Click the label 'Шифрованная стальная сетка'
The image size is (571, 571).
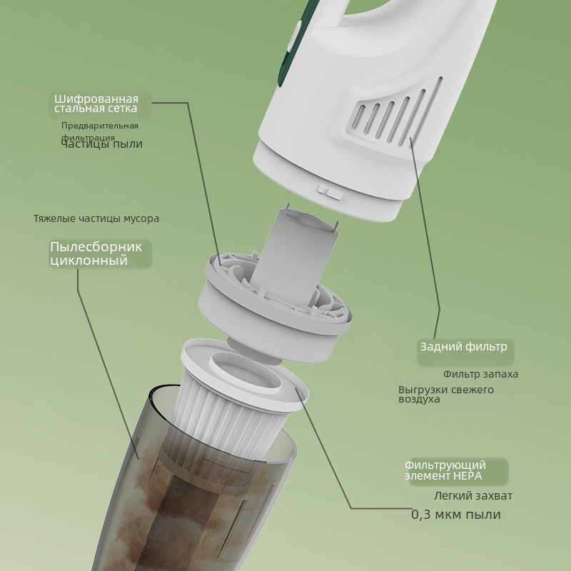pyautogui.click(x=96, y=103)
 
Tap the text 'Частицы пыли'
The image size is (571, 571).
pyautogui.click(x=101, y=144)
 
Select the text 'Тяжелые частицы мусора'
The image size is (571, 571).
pyautogui.click(x=96, y=218)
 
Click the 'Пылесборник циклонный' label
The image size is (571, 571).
pyautogui.click(x=96, y=253)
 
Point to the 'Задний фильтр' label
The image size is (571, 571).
pyautogui.click(x=463, y=347)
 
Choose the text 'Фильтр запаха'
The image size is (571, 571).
pyautogui.click(x=480, y=374)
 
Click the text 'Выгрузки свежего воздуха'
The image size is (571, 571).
pyautogui.click(x=446, y=394)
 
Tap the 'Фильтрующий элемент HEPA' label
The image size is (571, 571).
pyautogui.click(x=445, y=470)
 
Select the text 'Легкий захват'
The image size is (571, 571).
pyautogui.click(x=473, y=495)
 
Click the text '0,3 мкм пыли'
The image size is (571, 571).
pyautogui.click(x=456, y=515)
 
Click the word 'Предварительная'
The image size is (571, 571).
pyautogui.click(x=100, y=126)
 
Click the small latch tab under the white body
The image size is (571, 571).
pyautogui.click(x=330, y=191)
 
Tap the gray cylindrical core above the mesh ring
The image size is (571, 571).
pyautogui.click(x=293, y=255)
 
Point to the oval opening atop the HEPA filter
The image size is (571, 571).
pyautogui.click(x=245, y=373)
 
